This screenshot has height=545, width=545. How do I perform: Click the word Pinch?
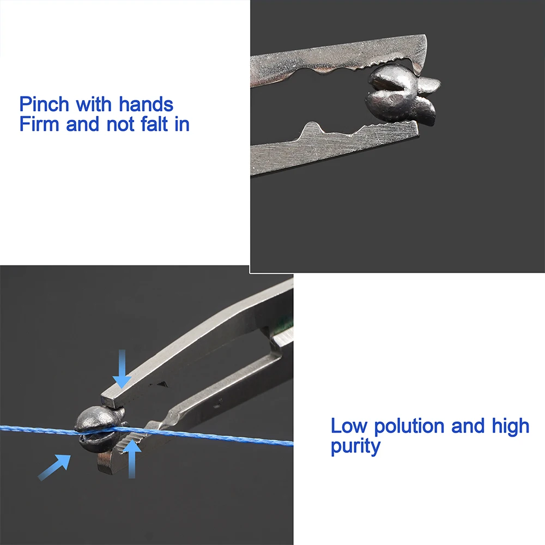tap(44, 104)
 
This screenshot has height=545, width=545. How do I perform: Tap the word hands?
tap(146, 104)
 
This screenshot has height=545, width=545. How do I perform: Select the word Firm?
tap(39, 124)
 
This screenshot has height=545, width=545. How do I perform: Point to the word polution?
tap(409, 426)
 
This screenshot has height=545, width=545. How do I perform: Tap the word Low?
tap(349, 426)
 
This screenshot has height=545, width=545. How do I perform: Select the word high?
tap(510, 426)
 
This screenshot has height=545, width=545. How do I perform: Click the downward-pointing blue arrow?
tap(122, 369)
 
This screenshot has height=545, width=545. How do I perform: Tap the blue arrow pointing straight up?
tap(131, 459)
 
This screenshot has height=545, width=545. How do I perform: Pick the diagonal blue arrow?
tap(54, 468)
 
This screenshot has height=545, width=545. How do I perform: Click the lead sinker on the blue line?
tap(99, 429)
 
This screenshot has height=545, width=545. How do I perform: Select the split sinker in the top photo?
tap(402, 93)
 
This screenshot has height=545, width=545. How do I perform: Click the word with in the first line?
tap(94, 104)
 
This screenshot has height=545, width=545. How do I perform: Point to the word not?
tap(119, 124)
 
